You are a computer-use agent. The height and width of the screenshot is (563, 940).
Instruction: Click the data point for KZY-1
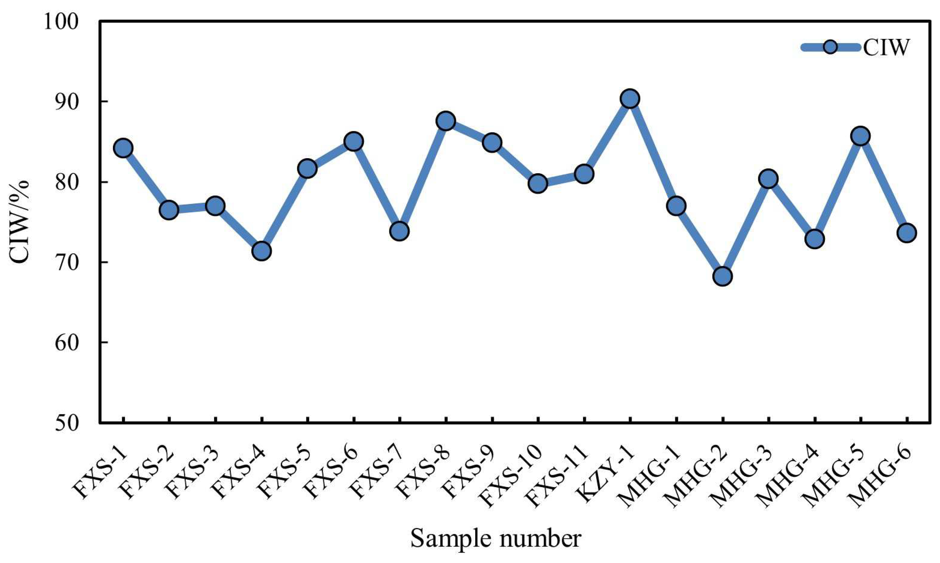630,99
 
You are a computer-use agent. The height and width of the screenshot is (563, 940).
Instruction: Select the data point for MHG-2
722,276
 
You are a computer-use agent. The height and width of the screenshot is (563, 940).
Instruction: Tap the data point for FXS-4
262,251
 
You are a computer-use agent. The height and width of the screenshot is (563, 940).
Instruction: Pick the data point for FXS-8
446,121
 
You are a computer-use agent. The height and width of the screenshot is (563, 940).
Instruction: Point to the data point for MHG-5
861,136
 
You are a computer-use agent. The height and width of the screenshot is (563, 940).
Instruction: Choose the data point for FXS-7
399,231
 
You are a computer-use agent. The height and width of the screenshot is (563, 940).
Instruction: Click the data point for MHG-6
907,233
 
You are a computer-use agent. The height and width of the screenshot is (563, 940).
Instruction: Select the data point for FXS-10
538,184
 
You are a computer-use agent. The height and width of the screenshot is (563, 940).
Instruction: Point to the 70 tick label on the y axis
67,262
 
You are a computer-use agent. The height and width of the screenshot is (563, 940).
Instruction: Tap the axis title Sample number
496,539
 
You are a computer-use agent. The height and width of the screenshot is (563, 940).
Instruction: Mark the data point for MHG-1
676,206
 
